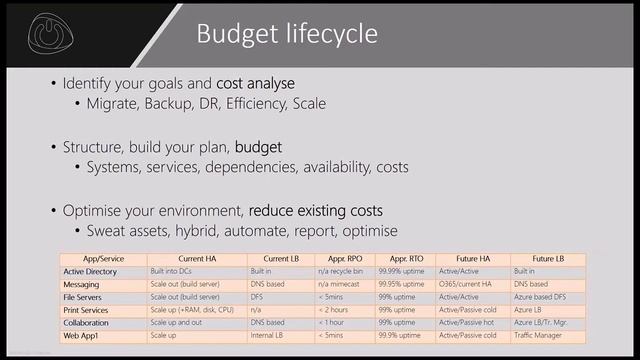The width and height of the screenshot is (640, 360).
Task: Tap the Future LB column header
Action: pos(544,258)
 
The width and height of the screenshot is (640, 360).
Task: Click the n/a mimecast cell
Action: pos(343,284)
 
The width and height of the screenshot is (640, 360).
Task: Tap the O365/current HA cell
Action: pos(473,284)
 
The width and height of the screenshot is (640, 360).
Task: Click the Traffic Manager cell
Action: pos(544,336)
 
